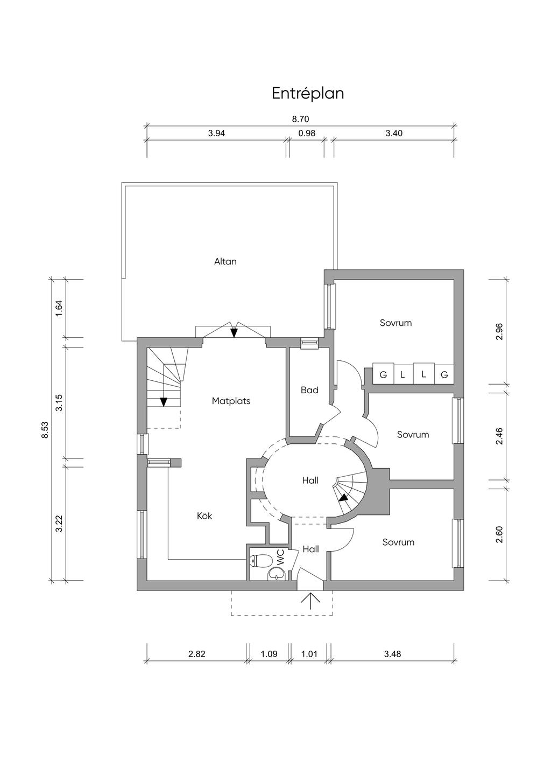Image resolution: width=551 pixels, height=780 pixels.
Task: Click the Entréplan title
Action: point(308,94)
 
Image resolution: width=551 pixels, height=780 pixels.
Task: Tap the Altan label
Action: point(225,261)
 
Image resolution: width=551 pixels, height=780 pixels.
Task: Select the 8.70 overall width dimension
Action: point(301,119)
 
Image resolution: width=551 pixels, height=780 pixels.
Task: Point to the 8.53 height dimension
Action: point(45,430)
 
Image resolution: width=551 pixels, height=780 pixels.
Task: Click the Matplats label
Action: point(231,401)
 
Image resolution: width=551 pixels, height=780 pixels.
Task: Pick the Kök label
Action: point(204,516)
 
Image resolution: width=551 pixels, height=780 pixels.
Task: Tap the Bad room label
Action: point(309,390)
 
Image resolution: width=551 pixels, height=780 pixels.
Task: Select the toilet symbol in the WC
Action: point(261,560)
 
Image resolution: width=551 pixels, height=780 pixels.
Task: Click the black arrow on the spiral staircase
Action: point(344,498)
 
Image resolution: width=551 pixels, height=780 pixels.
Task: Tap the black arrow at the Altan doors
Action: point(234,332)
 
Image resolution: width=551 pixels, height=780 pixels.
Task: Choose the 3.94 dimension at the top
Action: point(216,133)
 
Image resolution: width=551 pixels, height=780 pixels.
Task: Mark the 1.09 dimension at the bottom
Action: point(269,654)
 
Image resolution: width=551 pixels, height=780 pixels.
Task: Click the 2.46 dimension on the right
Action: point(499,435)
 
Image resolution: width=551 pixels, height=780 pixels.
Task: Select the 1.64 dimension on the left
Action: point(59,308)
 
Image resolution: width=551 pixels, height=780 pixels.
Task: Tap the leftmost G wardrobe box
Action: point(383,374)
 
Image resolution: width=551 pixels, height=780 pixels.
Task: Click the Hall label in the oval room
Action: point(310,480)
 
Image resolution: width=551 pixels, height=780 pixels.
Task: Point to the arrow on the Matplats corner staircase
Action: point(164,401)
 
